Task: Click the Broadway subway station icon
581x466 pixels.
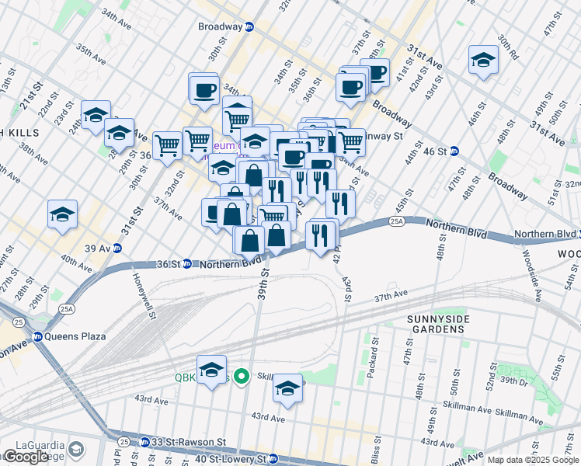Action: (249, 27)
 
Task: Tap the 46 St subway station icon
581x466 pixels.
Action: (454, 151)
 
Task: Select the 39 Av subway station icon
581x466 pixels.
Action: (117, 249)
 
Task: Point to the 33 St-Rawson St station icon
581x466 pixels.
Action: (144, 443)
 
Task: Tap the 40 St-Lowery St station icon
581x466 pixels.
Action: (272, 459)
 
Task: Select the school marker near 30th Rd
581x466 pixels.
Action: (483, 61)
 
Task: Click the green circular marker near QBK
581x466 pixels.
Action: (242, 377)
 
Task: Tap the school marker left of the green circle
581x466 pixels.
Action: (211, 370)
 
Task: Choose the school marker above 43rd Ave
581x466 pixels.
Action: (287, 388)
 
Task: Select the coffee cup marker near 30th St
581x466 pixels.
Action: (204, 88)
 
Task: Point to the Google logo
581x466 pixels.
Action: (26, 457)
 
